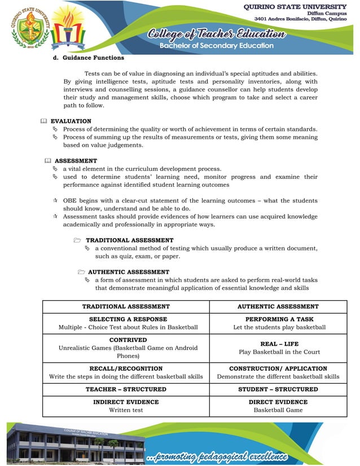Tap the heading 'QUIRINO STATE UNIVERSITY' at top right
pos(295,6)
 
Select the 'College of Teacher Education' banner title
pos(217,34)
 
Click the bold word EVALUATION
pos(71,121)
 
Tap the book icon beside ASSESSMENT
pos(47,161)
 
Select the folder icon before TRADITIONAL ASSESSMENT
pos(77,240)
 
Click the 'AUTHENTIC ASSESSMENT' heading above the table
pos(129,272)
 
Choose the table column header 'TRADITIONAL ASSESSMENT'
pos(126,307)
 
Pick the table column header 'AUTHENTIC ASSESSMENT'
pos(278,307)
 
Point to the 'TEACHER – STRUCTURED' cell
pos(126,389)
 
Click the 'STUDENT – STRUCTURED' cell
pos(278,389)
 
